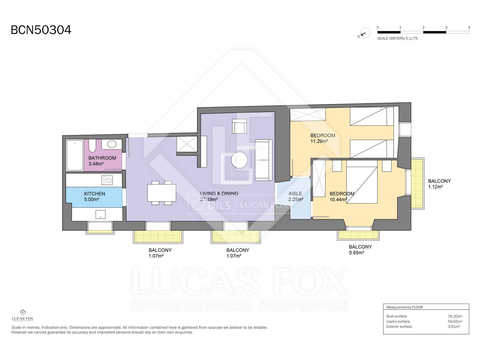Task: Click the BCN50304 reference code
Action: pyautogui.click(x=41, y=30)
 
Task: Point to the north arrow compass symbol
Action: pyautogui.click(x=365, y=33)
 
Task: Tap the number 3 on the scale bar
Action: pyautogui.click(x=446, y=27)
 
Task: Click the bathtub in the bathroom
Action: pyautogui.click(x=75, y=155)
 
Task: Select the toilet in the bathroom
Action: pyautogui.click(x=92, y=146)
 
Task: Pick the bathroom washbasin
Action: pyautogui.click(x=112, y=144)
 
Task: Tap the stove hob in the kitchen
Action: pyautogui.click(x=107, y=180)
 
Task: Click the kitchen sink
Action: pyautogui.click(x=100, y=214)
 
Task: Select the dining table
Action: pyautogui.click(x=162, y=193)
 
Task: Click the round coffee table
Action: pyautogui.click(x=239, y=160)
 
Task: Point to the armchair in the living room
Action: pyautogui.click(x=239, y=126)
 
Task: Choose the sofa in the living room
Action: pyautogui.click(x=263, y=160)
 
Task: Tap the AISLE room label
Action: pyautogui.click(x=295, y=193)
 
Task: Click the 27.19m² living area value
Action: pyautogui.click(x=209, y=199)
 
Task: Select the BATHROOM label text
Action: pyautogui.click(x=102, y=158)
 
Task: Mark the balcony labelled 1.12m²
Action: pyautogui.click(x=418, y=183)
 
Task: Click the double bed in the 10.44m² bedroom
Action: pyautogui.click(x=362, y=185)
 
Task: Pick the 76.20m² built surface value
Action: pyautogui.click(x=455, y=316)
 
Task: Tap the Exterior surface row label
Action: pyautogui.click(x=399, y=327)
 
